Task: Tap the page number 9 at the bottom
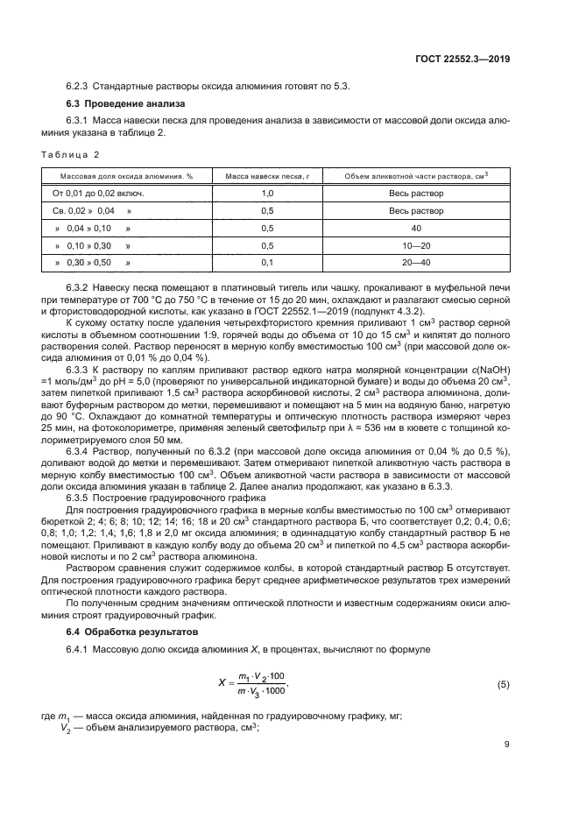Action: click(507, 745)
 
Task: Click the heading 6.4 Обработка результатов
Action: click(123, 632)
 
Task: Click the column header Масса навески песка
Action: click(267, 176)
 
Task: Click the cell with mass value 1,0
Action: click(267, 193)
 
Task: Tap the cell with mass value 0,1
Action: click(267, 262)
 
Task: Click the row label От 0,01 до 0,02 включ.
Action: click(98, 193)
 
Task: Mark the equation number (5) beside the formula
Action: click(503, 683)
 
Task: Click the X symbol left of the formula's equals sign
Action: click(222, 683)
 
